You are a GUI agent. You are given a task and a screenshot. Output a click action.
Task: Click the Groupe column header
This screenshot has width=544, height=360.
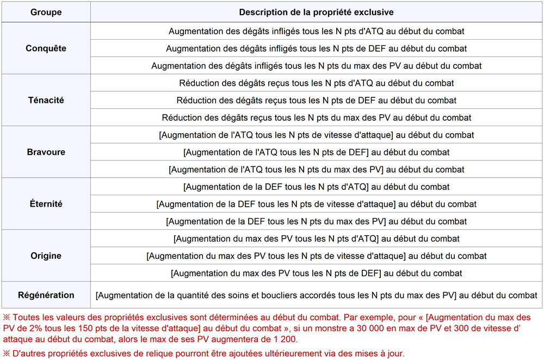tap(46, 12)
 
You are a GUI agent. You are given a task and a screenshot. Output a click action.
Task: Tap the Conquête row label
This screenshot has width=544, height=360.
tap(46, 48)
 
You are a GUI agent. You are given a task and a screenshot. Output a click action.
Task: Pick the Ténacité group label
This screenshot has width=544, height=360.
tap(46, 100)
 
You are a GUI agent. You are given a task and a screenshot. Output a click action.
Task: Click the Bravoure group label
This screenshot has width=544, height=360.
tap(46, 152)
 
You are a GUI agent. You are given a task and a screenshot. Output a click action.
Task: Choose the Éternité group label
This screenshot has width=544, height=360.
tap(46, 204)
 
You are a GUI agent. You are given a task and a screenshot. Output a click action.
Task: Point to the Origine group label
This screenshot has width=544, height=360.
tap(46, 256)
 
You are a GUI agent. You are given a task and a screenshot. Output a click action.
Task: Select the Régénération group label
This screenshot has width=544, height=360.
tap(46, 295)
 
